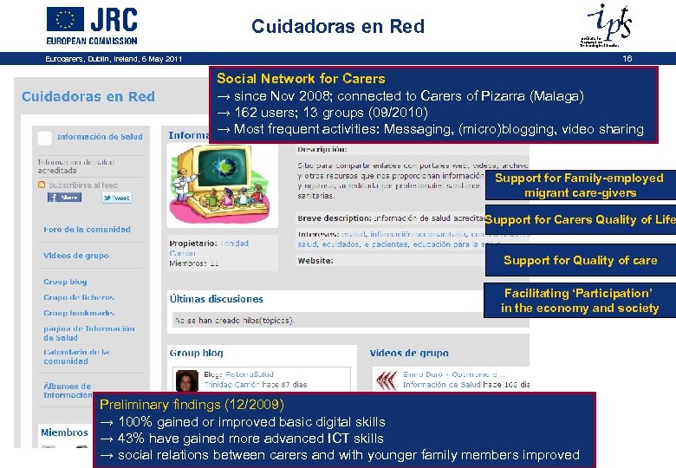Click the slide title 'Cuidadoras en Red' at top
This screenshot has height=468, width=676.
tap(338, 27)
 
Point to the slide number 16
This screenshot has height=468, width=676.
tap(627, 59)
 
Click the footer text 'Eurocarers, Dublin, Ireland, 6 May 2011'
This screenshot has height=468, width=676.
tap(114, 59)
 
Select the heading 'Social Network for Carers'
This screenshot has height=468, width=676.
tap(301, 79)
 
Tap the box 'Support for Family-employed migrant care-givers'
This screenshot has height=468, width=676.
tap(579, 185)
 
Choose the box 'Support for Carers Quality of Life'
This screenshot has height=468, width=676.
tap(580, 220)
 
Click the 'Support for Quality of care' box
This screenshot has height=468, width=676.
tap(580, 260)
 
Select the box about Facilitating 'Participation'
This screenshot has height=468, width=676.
tap(580, 301)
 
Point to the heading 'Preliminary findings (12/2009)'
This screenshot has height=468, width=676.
tap(192, 405)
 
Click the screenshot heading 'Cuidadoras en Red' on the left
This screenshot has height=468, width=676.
tap(88, 96)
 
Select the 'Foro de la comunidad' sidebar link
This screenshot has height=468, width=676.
tap(87, 230)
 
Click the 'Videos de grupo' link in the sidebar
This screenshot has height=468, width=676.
tap(76, 256)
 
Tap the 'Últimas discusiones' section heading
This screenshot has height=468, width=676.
tap(217, 299)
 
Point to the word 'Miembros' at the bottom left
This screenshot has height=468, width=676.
tap(64, 432)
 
